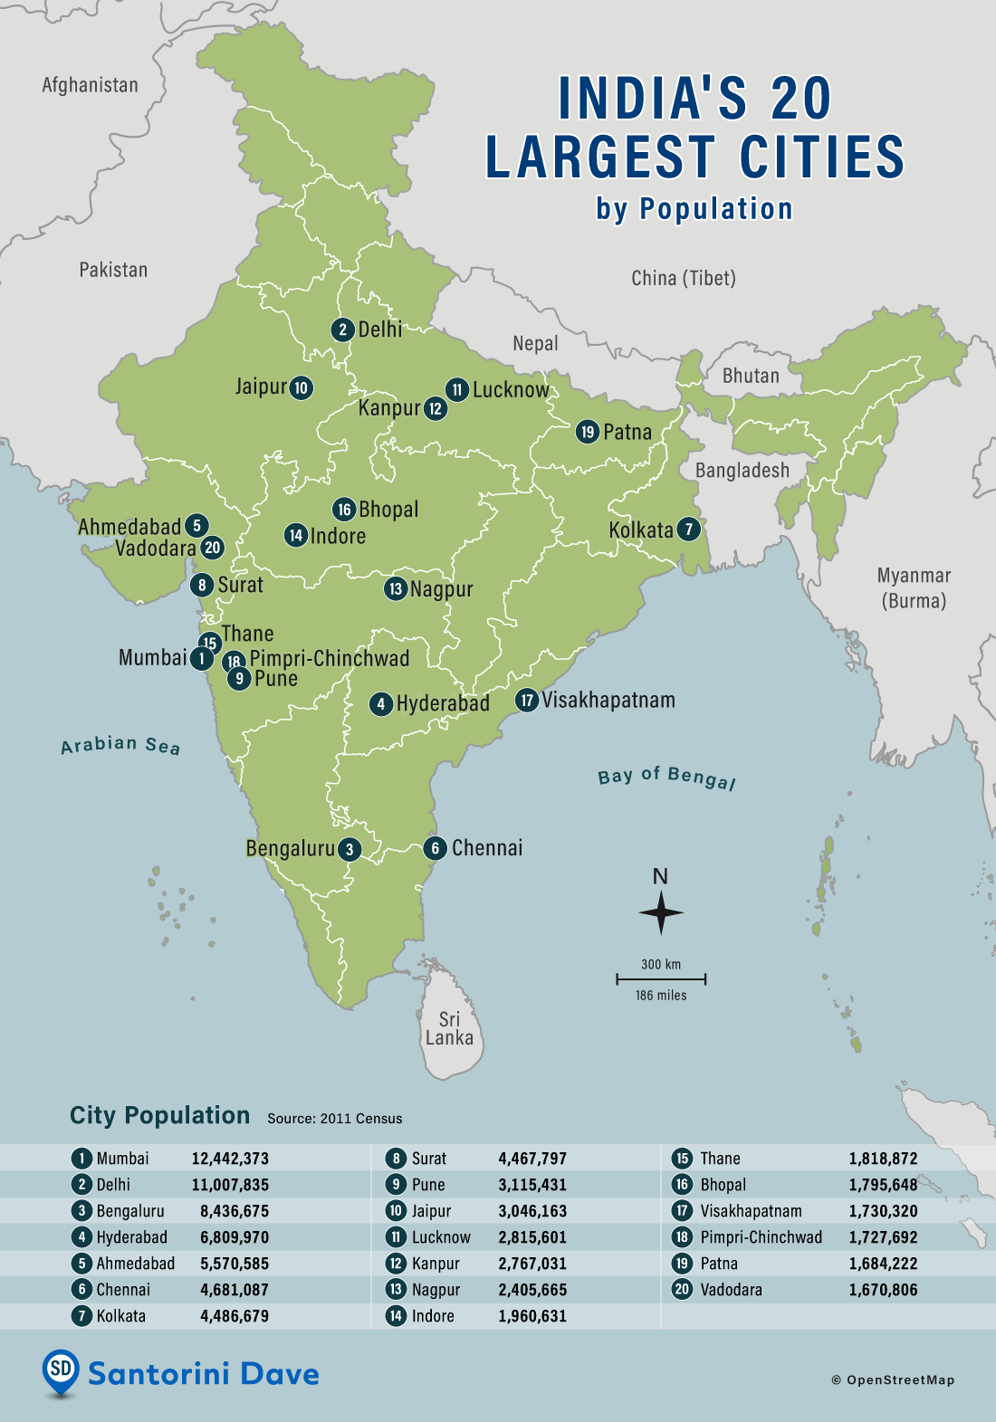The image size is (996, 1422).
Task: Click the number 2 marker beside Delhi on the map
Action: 342,329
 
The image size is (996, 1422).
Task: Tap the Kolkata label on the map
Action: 641,530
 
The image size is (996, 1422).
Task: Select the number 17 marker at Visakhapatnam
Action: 527,701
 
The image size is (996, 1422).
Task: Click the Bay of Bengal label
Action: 666,777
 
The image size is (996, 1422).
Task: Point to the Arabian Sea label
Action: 120,745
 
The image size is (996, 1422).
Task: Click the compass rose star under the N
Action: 661,913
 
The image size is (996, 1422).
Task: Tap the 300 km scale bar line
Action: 661,979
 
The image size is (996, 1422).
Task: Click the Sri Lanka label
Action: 449,1029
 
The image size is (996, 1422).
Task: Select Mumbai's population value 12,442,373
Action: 230,1159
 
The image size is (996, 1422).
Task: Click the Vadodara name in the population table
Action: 731,1290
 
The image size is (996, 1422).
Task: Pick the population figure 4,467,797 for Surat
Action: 532,1159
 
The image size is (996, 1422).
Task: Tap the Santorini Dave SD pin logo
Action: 61,1370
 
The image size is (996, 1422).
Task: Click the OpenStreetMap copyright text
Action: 894,1380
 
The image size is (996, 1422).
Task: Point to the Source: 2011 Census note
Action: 334,1119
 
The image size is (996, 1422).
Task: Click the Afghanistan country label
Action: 91,85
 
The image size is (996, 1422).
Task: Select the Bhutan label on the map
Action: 751,376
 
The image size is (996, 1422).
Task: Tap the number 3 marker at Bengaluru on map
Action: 350,849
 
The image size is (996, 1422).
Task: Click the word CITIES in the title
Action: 822,157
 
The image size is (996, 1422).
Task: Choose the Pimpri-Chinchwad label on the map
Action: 330,659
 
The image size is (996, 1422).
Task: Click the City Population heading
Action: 159,1115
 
